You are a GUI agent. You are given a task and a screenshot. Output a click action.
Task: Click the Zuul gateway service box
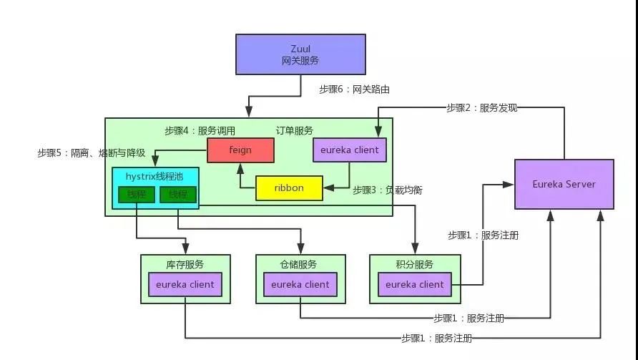(x=300, y=54)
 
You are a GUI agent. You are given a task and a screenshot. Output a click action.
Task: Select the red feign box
(x=240, y=150)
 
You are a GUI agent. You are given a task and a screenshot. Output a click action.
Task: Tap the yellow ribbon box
(x=289, y=188)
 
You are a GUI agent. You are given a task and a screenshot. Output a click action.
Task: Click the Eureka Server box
(x=564, y=184)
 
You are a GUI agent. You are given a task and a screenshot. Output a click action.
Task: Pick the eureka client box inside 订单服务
(x=350, y=150)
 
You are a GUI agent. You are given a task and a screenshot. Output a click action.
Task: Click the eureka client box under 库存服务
(x=185, y=284)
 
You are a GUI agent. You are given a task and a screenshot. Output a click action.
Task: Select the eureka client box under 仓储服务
(x=300, y=284)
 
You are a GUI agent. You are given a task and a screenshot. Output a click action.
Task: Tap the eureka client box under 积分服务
(x=415, y=284)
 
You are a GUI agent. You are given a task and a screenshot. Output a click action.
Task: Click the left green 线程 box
(x=137, y=195)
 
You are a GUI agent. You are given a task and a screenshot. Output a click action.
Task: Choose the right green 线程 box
(x=178, y=195)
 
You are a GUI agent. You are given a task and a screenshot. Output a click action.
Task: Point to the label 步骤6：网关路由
(x=354, y=89)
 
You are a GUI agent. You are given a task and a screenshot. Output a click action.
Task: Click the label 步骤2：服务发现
(x=481, y=108)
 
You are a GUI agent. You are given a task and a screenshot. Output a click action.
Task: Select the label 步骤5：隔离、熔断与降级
(x=92, y=152)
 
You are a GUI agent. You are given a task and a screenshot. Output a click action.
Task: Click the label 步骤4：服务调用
(x=200, y=131)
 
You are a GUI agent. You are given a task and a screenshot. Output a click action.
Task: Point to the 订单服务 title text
(x=294, y=131)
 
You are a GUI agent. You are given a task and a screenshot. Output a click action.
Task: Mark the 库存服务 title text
(x=185, y=265)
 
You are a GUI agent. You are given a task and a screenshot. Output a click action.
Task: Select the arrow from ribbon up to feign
(x=240, y=175)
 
